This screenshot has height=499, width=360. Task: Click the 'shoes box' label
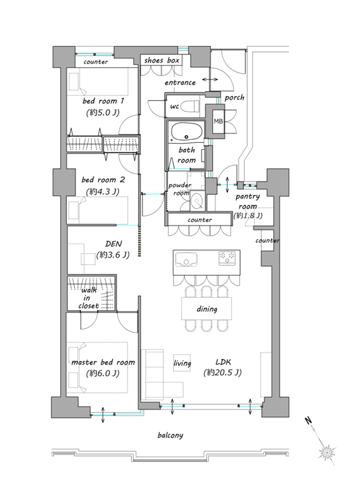tap(162, 60)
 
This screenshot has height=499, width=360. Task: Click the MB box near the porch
tap(218, 122)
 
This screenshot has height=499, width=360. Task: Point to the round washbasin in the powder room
tap(197, 201)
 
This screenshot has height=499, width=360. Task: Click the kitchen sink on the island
tap(185, 259)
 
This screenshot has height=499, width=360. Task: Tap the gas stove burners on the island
tap(227, 258)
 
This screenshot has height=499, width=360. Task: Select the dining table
tap(207, 308)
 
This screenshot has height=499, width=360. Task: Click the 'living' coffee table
tap(182, 363)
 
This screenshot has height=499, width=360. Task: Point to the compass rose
tap(327, 452)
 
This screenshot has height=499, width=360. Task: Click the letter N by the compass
tap(308, 421)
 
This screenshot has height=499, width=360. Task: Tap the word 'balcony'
tap(171, 435)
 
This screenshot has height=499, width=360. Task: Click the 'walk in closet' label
tap(88, 298)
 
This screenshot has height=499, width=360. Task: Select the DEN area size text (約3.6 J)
tap(113, 255)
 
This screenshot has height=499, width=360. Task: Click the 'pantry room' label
tap(247, 201)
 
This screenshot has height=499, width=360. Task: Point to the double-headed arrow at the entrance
tap(210, 79)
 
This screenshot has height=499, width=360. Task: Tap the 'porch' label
tap(234, 98)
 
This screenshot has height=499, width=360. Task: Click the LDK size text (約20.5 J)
tap(222, 372)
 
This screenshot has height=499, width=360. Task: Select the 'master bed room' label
tap(103, 363)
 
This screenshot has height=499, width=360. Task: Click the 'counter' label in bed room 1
tap(96, 62)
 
